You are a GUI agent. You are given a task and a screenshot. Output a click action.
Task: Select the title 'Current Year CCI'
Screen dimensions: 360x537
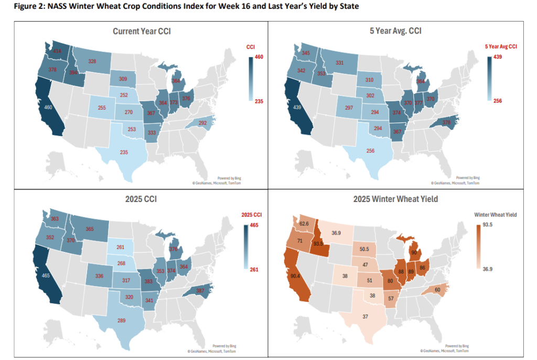click(142, 31)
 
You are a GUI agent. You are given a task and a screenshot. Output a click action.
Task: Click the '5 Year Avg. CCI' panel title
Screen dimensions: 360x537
click(399, 31)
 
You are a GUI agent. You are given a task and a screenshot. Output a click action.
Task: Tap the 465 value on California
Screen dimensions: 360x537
click(45, 275)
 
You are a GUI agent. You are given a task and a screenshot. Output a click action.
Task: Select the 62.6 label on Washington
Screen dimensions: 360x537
click(303, 224)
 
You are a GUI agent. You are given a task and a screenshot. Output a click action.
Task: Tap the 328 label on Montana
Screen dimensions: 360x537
click(92, 61)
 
